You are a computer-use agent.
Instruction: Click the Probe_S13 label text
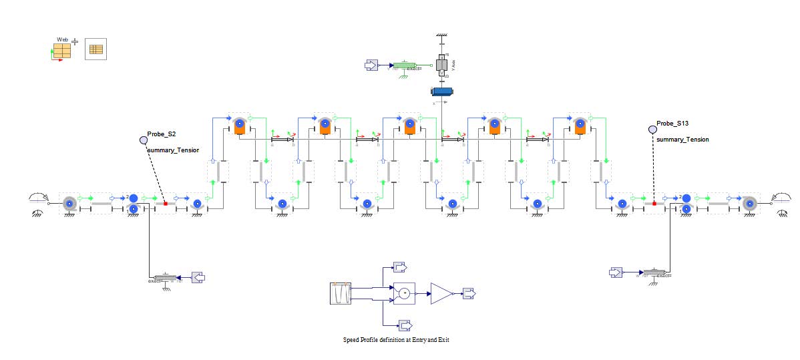coord(670,124)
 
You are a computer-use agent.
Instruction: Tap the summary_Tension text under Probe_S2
coord(173,150)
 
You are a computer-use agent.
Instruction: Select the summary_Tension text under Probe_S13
coord(682,139)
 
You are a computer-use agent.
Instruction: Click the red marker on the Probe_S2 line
coord(166,204)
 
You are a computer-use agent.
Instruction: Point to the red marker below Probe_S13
coord(654,203)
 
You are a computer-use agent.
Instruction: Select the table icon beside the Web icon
coord(95,49)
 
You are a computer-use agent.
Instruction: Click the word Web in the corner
coord(62,40)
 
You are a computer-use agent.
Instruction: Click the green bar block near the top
coord(405,65)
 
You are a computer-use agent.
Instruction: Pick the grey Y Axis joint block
coord(442,65)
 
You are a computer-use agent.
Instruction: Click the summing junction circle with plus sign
coord(404,293)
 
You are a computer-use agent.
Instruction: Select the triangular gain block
coord(441,293)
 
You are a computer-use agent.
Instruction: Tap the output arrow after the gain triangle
coord(469,293)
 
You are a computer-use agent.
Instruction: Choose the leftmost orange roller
coord(240,126)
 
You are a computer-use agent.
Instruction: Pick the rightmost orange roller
coord(580,126)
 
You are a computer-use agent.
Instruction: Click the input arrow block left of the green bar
coord(371,65)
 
